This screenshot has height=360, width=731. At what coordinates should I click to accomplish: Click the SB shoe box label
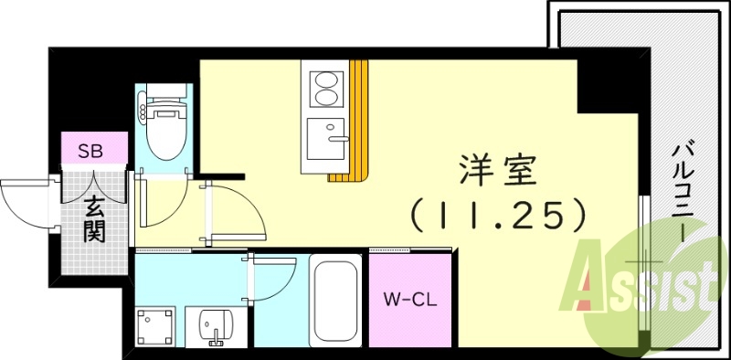[90, 150]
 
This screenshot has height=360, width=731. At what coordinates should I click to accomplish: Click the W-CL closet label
[408, 298]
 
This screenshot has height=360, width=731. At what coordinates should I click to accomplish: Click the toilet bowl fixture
[166, 127]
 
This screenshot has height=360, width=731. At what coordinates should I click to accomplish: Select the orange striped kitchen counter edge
[358, 119]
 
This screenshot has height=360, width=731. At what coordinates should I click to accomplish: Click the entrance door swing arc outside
[23, 196]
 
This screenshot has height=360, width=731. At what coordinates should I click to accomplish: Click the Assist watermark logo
[644, 283]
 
